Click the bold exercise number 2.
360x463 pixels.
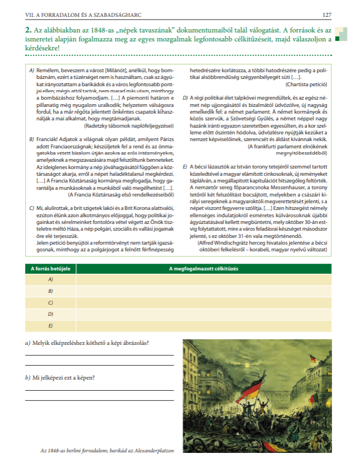27,28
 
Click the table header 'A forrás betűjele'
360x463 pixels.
51,268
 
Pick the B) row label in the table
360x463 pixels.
51,291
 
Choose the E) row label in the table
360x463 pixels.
51,325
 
